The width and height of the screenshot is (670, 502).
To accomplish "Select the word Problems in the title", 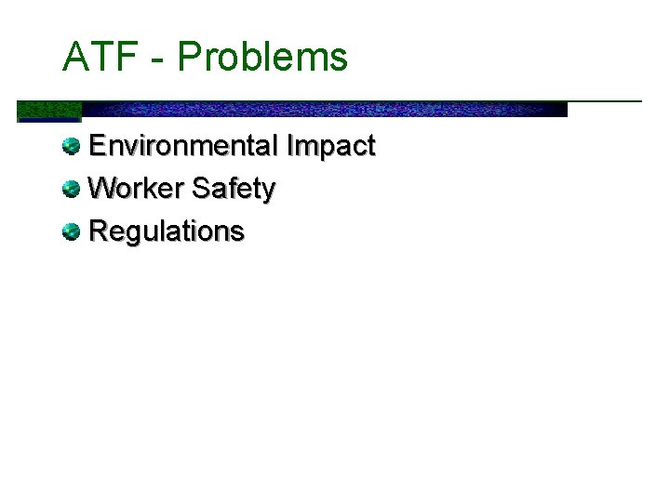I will tap(262, 58).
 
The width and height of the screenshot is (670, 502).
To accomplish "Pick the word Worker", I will tap(136, 189).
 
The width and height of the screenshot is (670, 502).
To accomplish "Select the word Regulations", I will tap(167, 231).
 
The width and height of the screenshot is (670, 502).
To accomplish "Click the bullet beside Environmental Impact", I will tap(72, 146).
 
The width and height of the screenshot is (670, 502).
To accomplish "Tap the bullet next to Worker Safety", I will tap(72, 189).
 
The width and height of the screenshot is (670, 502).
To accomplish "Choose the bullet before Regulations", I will tap(72, 231).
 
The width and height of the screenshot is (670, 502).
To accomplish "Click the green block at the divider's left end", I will tap(48, 111).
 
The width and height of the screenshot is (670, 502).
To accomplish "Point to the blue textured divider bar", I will tap(326, 109).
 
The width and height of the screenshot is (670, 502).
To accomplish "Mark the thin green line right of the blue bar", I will tap(605, 100).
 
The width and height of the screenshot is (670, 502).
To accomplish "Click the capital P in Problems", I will tap(189, 57).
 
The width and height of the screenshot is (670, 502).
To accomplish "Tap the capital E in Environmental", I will tap(98, 146).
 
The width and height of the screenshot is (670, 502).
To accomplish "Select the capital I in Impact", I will tap(291, 146).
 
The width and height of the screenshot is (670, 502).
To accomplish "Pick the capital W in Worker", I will tap(102, 189).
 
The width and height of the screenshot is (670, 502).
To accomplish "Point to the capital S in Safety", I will tap(201, 189).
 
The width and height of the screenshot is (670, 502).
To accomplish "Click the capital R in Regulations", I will tap(99, 231).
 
